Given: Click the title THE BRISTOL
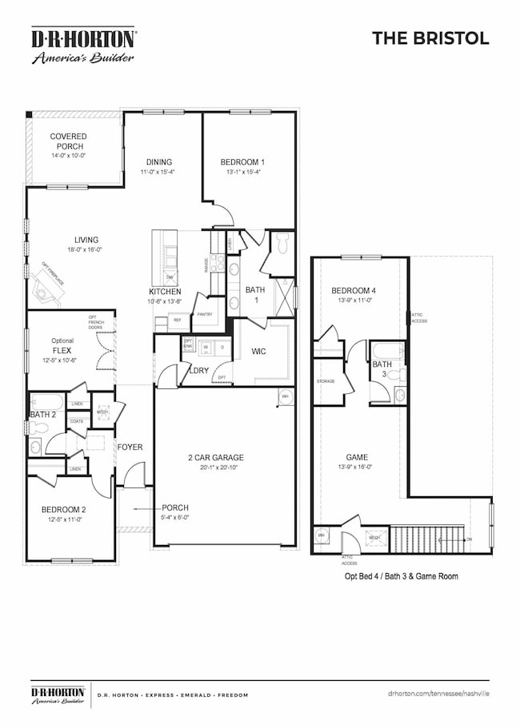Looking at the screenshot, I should pyautogui.click(x=430, y=38).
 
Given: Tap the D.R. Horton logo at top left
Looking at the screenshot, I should pyautogui.click(x=83, y=46).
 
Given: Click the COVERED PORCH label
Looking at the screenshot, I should pyautogui.click(x=68, y=141).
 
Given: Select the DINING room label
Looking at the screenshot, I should pyautogui.click(x=159, y=162).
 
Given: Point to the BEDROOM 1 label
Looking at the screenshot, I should pyautogui.click(x=242, y=162).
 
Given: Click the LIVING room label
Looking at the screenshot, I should pyautogui.click(x=86, y=240).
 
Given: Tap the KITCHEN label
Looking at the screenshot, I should pyautogui.click(x=165, y=292).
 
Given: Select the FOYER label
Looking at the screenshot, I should pyautogui.click(x=130, y=447).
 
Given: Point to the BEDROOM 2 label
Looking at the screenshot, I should pyautogui.click(x=67, y=510).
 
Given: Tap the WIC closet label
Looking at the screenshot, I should pyautogui.click(x=258, y=351).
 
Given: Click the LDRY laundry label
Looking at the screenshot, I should pyautogui.click(x=198, y=370).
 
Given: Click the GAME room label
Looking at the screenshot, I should pyautogui.click(x=352, y=461).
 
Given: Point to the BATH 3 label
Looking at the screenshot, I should pyautogui.click(x=382, y=369).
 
